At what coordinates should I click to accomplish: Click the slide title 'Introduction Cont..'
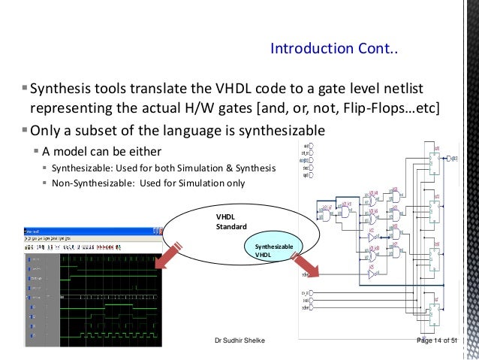(x=335, y=50)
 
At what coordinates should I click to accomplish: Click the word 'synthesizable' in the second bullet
(x=279, y=129)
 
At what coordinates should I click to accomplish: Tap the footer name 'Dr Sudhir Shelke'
(x=239, y=342)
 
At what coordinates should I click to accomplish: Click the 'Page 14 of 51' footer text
(x=440, y=342)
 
